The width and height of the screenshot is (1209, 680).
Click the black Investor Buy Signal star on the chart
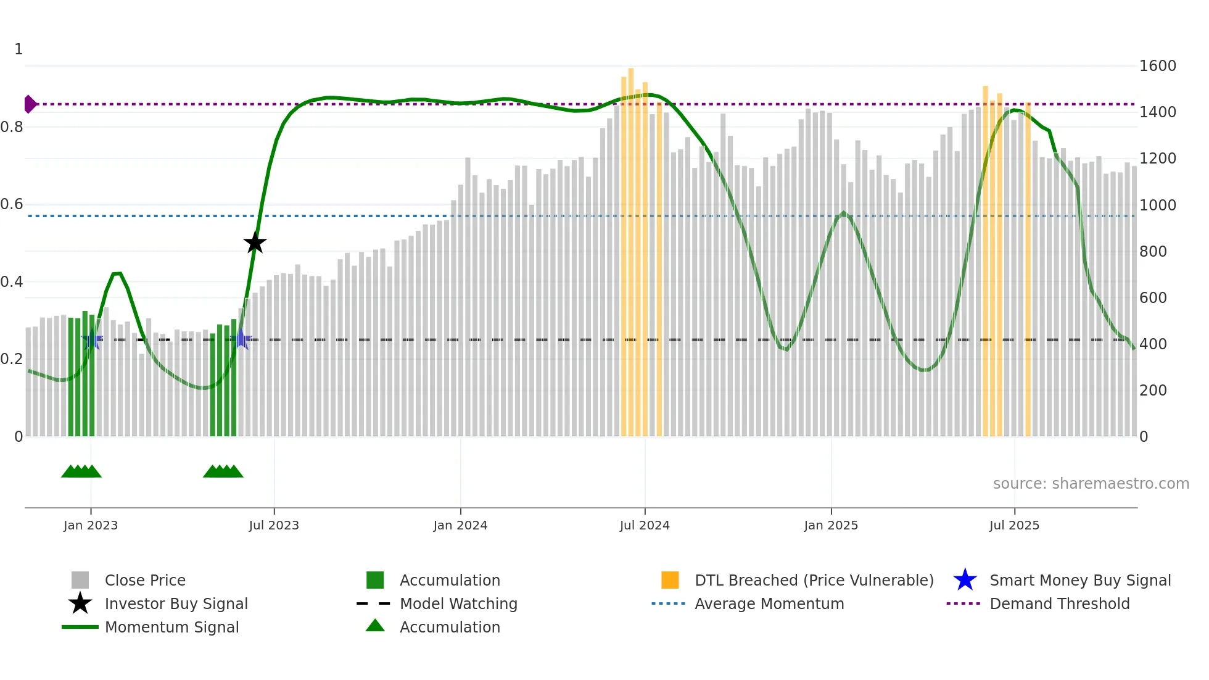coord(255,243)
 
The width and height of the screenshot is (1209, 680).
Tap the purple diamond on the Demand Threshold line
coord(30,104)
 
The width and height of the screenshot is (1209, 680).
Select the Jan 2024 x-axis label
coord(460,525)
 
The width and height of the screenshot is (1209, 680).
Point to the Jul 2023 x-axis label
coord(274,525)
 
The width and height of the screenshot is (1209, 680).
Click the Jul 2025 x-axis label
coord(1014,525)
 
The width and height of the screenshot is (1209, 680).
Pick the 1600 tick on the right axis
coord(1158,66)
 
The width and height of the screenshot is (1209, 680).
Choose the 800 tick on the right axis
coord(1153,252)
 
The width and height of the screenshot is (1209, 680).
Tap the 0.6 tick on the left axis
coord(12,204)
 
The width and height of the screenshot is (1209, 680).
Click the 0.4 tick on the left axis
coord(12,282)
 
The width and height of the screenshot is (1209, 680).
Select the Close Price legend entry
coord(145,580)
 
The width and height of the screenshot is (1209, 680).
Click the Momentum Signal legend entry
coord(171,627)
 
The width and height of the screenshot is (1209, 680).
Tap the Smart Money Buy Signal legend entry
coord(1079,580)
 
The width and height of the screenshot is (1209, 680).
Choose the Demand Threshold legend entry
coord(1059,603)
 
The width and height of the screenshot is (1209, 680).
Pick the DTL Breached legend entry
coord(814,580)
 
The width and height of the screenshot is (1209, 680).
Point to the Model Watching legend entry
coord(458,603)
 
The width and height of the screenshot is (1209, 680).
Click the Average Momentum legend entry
coord(769,603)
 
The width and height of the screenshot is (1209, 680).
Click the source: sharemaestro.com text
coord(1091,484)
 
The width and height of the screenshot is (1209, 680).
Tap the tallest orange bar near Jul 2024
coord(631,247)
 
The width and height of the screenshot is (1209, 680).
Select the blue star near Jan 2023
coord(92,340)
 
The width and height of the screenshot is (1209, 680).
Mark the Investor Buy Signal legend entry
coord(176,603)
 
